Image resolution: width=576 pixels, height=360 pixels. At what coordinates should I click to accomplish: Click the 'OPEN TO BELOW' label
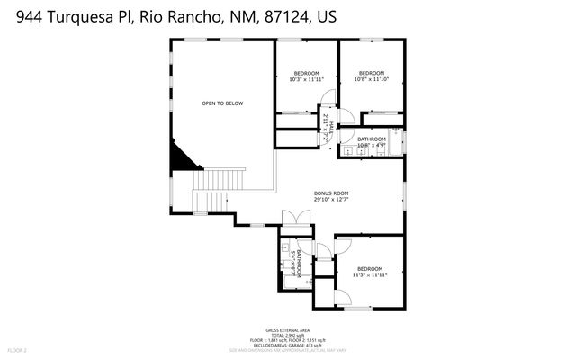click(x=222, y=103)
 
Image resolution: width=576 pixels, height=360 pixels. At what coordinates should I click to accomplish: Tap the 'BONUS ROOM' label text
click(x=331, y=193)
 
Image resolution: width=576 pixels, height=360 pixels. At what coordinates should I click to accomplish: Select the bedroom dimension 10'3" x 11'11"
click(x=306, y=79)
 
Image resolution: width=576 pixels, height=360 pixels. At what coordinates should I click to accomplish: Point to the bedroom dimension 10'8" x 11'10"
click(x=372, y=79)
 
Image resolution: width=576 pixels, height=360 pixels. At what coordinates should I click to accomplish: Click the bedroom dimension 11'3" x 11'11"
click(x=369, y=275)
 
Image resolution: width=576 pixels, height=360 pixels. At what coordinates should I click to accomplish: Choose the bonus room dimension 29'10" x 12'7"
click(x=331, y=200)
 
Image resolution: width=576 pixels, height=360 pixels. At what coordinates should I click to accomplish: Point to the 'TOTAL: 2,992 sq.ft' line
click(x=289, y=336)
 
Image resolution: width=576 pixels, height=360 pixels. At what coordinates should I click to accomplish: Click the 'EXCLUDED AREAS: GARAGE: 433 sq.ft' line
click(x=289, y=345)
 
